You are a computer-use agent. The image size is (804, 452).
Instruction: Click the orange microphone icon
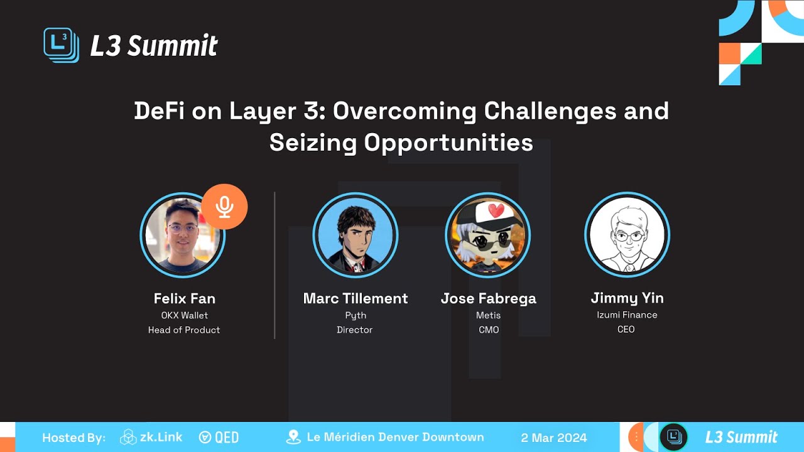click(x=224, y=207)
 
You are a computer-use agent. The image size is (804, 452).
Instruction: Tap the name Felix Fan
click(x=185, y=298)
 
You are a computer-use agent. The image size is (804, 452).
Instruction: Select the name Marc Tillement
click(x=356, y=298)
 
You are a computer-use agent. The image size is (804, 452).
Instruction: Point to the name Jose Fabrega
click(x=489, y=299)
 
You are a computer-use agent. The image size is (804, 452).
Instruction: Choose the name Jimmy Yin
click(x=627, y=298)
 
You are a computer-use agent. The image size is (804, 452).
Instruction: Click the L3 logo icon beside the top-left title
click(x=61, y=45)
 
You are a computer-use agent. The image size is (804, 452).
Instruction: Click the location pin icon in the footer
click(x=293, y=437)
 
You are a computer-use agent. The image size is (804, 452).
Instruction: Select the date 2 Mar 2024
click(x=554, y=438)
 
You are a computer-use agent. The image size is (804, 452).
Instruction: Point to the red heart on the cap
click(x=496, y=211)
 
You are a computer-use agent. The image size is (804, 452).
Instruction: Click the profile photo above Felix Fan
click(x=183, y=235)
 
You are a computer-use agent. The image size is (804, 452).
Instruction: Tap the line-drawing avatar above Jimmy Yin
click(x=627, y=235)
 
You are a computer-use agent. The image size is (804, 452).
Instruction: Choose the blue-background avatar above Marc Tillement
click(x=356, y=235)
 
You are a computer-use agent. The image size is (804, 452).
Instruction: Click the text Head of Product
click(x=184, y=330)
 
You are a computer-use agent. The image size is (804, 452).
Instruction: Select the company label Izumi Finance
click(x=627, y=315)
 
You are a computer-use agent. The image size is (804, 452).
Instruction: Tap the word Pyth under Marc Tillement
click(x=356, y=316)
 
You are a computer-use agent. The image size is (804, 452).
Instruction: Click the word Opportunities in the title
click(x=448, y=143)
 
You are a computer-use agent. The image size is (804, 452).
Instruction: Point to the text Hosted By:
click(x=74, y=438)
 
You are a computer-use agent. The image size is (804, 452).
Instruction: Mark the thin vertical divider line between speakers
click(x=274, y=265)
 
